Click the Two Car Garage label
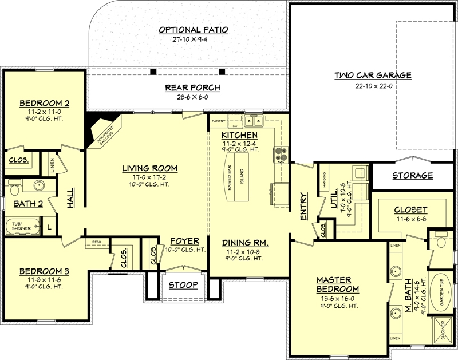373,76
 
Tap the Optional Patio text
194,30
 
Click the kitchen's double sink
252,121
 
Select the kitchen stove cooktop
281,153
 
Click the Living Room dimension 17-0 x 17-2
149,177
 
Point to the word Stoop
183,284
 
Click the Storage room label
412,175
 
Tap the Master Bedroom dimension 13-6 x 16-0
338,298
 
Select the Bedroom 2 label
45,103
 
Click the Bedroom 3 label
44,271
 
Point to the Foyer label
184,241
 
